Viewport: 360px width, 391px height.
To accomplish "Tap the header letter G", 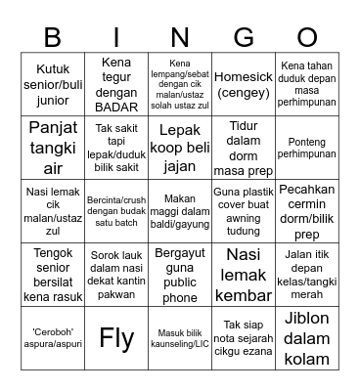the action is pyautogui.click(x=244, y=37).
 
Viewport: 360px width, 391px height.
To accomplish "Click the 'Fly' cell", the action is pyautogui.click(x=116, y=338).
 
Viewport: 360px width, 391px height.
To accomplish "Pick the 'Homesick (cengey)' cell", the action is pyautogui.click(x=244, y=82).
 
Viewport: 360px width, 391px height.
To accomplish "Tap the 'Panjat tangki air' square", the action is pyautogui.click(x=53, y=146).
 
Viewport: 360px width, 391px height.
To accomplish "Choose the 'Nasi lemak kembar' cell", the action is pyautogui.click(x=244, y=274).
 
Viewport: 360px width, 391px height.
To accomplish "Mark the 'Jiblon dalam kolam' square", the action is pyautogui.click(x=306, y=338).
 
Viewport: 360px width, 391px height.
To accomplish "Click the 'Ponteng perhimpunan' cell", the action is pyautogui.click(x=306, y=146).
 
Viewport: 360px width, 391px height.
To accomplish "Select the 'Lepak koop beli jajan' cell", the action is pyautogui.click(x=180, y=146).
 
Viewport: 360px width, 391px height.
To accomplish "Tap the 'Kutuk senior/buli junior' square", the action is pyautogui.click(x=53, y=82).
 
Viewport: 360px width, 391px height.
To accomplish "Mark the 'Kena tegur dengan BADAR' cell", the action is pyautogui.click(x=116, y=82).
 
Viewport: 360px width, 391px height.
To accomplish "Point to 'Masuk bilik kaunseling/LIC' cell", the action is pyautogui.click(x=180, y=338).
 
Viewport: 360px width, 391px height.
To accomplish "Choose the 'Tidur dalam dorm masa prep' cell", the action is pyautogui.click(x=244, y=146).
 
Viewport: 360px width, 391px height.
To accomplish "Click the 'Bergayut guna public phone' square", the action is pyautogui.click(x=180, y=274).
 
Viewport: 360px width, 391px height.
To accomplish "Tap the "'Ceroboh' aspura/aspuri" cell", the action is pyautogui.click(x=53, y=338).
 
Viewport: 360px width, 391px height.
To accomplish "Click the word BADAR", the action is pyautogui.click(x=116, y=107).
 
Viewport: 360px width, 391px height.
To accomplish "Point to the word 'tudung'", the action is pyautogui.click(x=244, y=231).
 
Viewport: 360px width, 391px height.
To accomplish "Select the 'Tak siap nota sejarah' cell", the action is pyautogui.click(x=244, y=338).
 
